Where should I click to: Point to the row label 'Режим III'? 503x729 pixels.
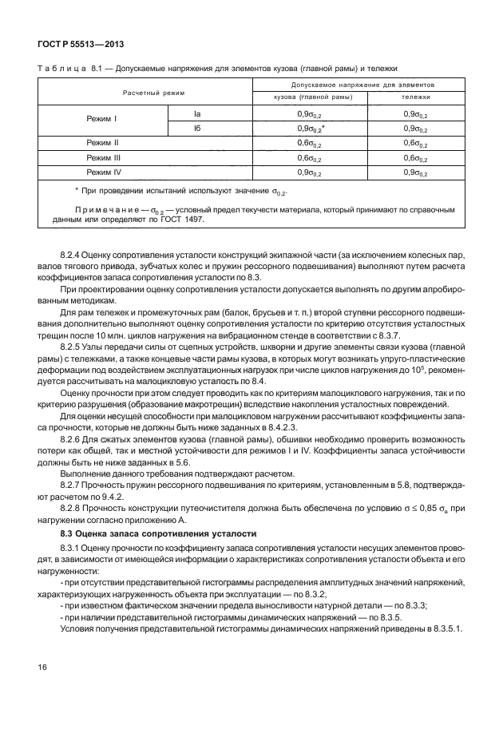[103, 157]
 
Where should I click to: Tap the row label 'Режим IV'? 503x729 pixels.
[103, 172]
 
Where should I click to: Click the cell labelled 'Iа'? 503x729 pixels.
[209, 113]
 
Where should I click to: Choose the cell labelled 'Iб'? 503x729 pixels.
[209, 128]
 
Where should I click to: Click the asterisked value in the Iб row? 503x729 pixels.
[311, 128]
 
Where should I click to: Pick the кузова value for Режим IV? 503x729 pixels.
[310, 172]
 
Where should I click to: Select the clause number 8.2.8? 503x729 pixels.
[70, 499]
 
